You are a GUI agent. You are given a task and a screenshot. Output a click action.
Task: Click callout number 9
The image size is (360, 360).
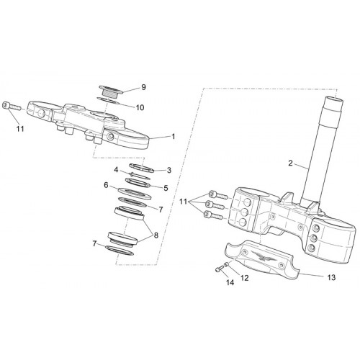coord(143,87)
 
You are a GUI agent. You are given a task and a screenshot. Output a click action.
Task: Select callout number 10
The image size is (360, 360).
coord(140,107)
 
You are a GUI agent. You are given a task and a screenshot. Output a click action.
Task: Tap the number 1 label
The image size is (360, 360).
coord(174,137)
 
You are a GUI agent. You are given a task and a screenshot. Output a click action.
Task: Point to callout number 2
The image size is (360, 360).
coord(290,163)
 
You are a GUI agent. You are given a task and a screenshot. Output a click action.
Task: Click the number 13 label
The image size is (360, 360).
coord(331,278)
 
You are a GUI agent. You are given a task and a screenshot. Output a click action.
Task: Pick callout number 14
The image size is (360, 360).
coord(230,282)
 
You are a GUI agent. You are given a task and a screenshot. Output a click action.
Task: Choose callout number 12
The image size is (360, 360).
coord(245,278)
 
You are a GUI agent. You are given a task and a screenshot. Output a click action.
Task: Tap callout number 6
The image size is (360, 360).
coord(107,185)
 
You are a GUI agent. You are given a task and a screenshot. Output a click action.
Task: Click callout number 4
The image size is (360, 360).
coord(116,170)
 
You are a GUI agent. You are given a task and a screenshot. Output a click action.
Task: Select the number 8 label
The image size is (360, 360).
coord(156,235)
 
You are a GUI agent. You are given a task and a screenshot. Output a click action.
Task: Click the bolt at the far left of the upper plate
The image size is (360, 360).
coord(12,106)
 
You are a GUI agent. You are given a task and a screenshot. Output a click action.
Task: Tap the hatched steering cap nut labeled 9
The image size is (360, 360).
coord(111,91)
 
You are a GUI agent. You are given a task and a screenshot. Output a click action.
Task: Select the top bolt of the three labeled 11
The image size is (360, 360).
coord(218,194)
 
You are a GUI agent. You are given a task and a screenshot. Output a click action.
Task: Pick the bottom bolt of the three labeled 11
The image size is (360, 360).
coord(213,215)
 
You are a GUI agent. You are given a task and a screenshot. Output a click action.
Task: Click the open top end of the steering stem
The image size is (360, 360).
coord(333,99)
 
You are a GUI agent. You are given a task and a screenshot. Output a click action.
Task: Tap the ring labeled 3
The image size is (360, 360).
coord(141,168)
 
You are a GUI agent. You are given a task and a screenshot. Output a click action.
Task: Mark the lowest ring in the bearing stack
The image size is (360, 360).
coord(120,251)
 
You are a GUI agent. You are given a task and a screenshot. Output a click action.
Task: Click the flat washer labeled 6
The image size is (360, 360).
coord(135,194)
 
